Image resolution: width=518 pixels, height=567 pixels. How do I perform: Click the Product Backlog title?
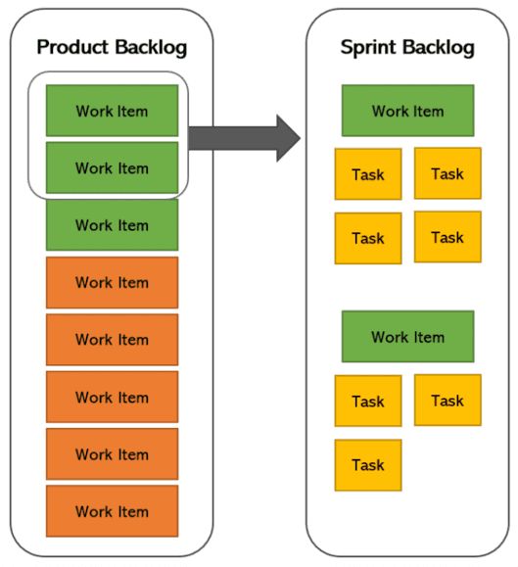click(112, 47)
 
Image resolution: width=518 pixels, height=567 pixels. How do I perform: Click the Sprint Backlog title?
click(407, 47)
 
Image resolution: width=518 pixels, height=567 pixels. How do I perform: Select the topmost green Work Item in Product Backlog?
click(112, 111)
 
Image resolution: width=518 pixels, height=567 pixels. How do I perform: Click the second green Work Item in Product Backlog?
click(112, 167)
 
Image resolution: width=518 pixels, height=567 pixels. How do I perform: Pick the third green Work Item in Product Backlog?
click(112, 224)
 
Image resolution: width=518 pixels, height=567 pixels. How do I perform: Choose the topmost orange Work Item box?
click(112, 282)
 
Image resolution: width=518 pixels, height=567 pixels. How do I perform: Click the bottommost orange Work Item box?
click(112, 511)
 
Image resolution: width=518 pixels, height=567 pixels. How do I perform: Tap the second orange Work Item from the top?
click(112, 339)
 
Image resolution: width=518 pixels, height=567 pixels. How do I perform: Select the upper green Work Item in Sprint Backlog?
click(407, 111)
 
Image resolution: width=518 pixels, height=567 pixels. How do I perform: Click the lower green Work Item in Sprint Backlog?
click(407, 337)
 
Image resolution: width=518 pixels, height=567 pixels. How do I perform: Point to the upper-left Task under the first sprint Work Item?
click(368, 174)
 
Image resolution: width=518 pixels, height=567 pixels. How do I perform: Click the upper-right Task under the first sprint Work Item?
click(447, 173)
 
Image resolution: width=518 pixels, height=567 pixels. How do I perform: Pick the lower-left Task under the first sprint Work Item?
click(368, 238)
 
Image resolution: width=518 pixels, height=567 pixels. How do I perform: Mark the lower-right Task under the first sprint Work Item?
click(447, 237)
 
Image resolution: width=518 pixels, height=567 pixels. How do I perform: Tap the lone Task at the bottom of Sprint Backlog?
click(368, 465)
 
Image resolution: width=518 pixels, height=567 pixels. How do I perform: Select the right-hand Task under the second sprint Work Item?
click(447, 400)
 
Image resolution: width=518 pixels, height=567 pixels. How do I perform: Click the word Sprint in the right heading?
click(369, 47)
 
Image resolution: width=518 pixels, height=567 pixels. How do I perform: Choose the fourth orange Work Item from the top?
click(112, 453)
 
